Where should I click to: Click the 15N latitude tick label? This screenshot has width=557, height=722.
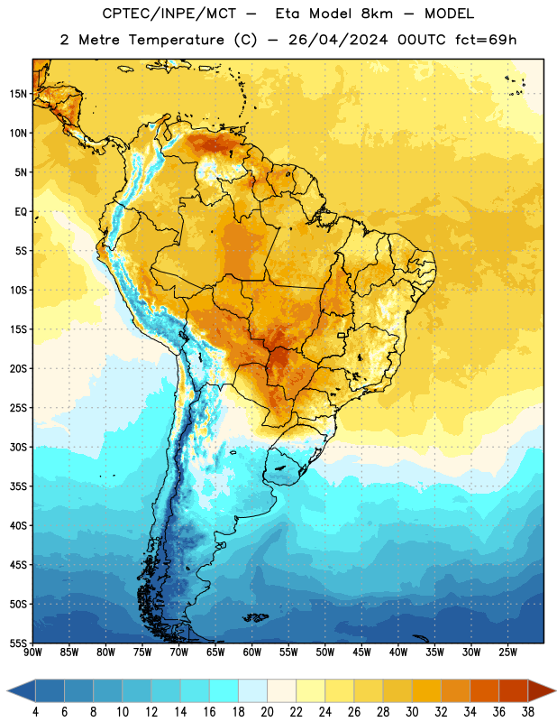17,94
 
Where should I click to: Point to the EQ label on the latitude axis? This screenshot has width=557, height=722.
21,212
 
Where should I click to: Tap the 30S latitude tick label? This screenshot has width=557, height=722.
17,447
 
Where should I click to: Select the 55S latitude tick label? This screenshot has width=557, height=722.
17,643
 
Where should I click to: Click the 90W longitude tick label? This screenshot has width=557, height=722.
32,653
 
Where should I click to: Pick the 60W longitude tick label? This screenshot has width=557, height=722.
252,653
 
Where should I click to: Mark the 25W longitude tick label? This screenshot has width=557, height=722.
507,653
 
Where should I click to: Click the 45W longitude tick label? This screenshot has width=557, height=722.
361,653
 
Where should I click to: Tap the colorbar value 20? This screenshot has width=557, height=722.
267,712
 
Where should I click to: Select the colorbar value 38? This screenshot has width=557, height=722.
528,712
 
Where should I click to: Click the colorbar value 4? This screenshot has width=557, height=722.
35,712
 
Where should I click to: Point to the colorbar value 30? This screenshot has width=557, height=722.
412,712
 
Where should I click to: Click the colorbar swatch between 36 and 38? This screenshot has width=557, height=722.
514,690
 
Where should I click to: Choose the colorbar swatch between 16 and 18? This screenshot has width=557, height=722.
224,690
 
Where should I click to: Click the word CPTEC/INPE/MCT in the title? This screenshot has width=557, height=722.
169,14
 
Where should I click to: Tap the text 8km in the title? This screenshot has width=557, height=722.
377,14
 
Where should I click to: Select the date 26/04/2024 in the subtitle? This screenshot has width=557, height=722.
338,40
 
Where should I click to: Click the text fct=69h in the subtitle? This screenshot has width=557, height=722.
486,40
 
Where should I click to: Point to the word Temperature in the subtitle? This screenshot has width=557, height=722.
176,40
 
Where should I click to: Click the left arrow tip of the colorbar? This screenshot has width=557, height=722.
8,690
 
